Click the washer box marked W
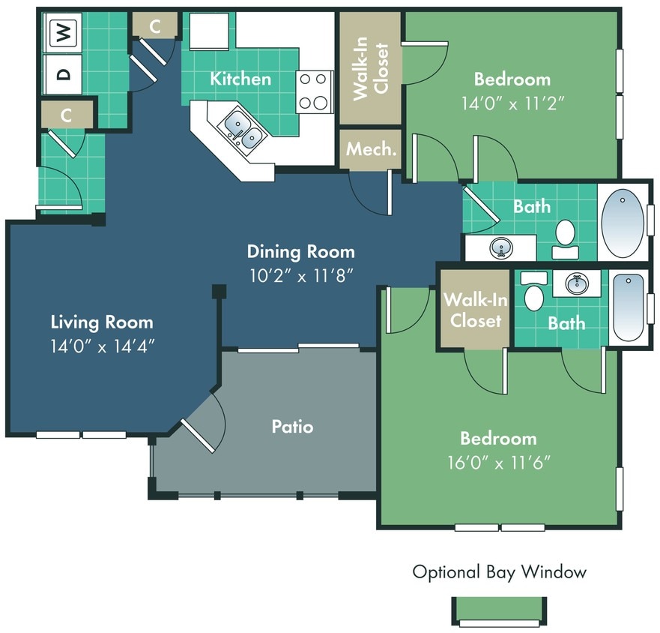(x=64, y=32)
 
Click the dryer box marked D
(x=64, y=73)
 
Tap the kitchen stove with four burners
(x=315, y=91)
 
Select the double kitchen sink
(x=242, y=129)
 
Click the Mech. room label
(x=371, y=148)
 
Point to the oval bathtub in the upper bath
(x=623, y=219)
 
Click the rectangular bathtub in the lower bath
(x=628, y=307)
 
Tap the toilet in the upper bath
(x=565, y=235)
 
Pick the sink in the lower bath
(x=576, y=284)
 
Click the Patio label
(x=292, y=427)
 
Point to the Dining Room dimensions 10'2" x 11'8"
(x=300, y=275)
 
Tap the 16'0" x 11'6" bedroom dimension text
(x=499, y=462)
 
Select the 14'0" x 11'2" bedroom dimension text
(x=512, y=103)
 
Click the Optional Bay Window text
(x=499, y=572)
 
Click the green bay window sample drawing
(x=499, y=610)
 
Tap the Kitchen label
(x=240, y=78)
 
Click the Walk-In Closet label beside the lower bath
(x=475, y=310)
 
